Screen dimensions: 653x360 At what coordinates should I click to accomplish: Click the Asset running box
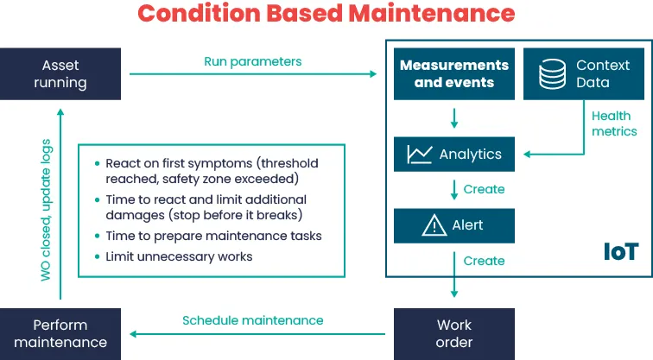60,73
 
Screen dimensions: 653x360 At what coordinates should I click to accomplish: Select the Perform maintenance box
60,334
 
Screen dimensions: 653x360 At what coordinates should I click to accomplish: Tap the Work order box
454,334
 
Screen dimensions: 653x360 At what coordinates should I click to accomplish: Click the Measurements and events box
454,73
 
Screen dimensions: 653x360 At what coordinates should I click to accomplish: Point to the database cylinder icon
552,74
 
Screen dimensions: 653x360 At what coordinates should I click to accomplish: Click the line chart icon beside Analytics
420,155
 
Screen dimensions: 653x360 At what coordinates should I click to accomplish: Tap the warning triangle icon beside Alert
434,225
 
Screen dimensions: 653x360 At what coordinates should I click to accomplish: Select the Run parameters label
253,61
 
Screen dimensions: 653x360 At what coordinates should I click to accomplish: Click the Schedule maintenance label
253,320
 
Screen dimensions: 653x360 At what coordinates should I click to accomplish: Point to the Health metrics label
614,123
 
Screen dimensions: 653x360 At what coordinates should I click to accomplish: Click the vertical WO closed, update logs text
46,210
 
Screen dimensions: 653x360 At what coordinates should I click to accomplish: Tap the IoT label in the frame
621,252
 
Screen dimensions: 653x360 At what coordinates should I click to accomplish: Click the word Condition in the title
199,13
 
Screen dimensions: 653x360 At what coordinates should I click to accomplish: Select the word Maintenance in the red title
432,13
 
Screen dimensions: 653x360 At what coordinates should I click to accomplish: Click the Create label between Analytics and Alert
484,189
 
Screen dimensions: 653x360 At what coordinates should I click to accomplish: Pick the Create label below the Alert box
484,261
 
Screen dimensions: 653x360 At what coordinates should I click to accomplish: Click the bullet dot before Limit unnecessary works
97,256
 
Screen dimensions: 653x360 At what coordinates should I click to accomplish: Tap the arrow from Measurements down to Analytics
454,118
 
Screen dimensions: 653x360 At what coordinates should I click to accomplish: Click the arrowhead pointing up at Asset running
60,112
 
